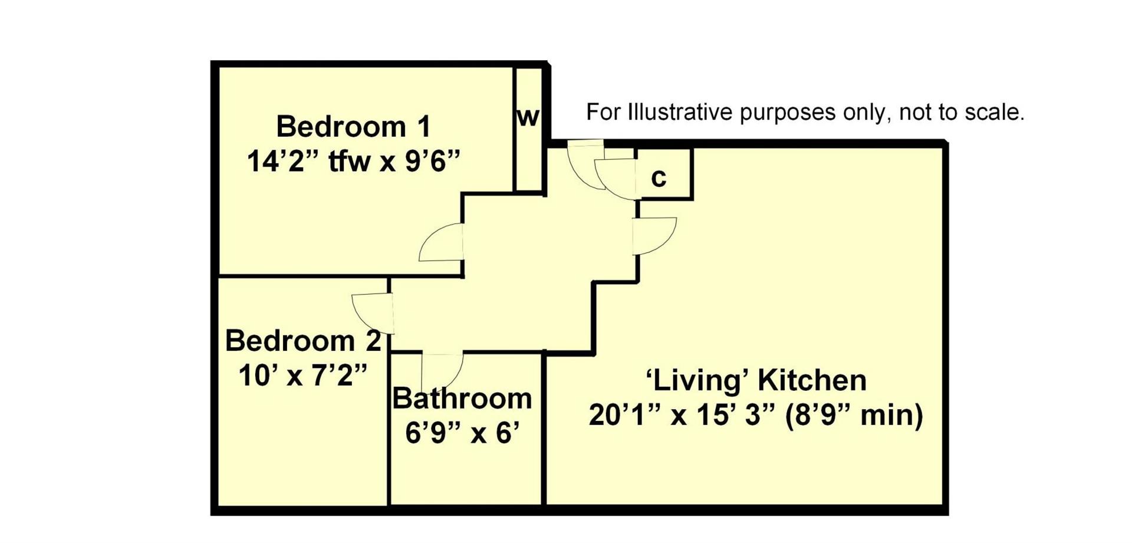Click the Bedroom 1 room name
tap(353, 127)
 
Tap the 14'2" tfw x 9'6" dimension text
tap(353, 161)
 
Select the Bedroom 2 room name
tap(303, 341)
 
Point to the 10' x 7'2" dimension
tap(303, 375)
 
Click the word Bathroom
tap(462, 399)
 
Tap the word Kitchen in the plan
tap(812, 380)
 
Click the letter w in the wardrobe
tap(528, 117)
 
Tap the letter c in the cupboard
tap(659, 177)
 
